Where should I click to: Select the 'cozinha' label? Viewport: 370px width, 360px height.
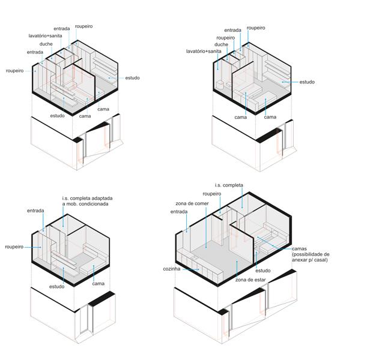coord(171,269)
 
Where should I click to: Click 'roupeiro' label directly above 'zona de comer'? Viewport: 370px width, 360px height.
coord(213,194)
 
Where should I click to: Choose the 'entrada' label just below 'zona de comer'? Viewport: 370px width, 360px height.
coord(179,212)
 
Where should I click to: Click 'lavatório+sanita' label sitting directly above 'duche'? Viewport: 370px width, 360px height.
coord(47,36)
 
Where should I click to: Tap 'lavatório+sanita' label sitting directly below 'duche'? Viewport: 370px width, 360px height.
coord(204,52)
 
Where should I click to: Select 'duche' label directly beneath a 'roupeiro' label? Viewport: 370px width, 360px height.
coord(221,44)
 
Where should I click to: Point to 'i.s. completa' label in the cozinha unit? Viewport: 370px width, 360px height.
coord(229,185)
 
